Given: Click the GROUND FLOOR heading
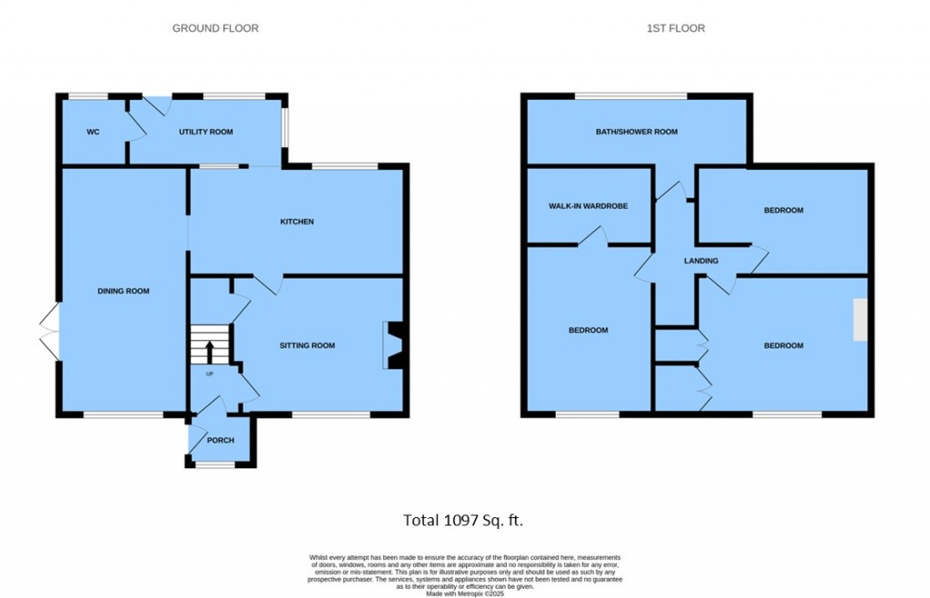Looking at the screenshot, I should tap(215, 28).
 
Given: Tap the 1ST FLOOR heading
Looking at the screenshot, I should tap(675, 28).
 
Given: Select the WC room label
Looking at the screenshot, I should tap(93, 132).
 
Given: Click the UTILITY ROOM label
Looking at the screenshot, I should tap(205, 132).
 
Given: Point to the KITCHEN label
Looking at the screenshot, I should tap(296, 221).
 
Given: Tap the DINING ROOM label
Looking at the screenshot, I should tap(124, 291).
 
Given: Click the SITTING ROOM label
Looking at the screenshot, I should tap(307, 346).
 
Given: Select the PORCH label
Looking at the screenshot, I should tap(220, 441).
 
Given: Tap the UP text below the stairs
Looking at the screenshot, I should tap(209, 373).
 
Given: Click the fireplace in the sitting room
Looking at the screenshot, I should tap(395, 346).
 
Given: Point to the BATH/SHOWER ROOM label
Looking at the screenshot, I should tap(637, 132).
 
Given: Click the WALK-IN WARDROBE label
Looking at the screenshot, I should tap(588, 206).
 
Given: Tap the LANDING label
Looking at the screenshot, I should tap(701, 261).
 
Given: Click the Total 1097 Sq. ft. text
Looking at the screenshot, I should tap(463, 520).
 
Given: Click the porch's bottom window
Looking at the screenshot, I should tap(215, 465).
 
